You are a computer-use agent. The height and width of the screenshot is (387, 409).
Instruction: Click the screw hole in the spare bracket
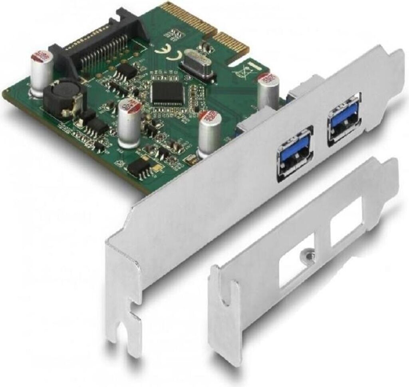[307, 254]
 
